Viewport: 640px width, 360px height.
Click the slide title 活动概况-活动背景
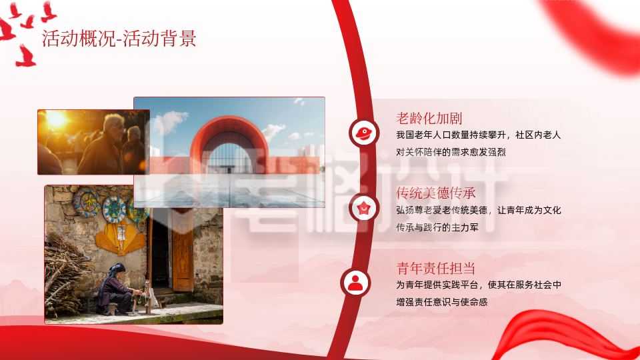pyautogui.click(x=119, y=39)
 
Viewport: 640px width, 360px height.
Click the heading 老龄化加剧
pyautogui.click(x=429, y=119)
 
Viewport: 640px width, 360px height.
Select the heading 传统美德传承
pyautogui.click(x=435, y=193)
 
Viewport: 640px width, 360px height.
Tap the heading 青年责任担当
pyautogui.click(x=435, y=268)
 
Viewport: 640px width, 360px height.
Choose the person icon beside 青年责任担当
pyautogui.click(x=357, y=283)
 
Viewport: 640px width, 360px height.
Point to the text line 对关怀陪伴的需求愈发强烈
pyautogui.click(x=451, y=152)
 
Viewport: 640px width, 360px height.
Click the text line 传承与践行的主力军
pyautogui.click(x=437, y=227)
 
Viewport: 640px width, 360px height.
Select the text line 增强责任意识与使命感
pyautogui.click(x=441, y=302)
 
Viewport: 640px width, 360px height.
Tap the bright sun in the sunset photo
pyautogui.click(x=56, y=120)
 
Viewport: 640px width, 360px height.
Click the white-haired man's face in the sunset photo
pyautogui.click(x=115, y=126)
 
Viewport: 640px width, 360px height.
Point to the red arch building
pyautogui.click(x=230, y=143)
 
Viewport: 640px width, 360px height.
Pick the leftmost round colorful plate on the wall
pyautogui.click(x=85, y=203)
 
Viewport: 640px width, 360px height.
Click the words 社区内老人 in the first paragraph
pyautogui.click(x=537, y=135)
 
